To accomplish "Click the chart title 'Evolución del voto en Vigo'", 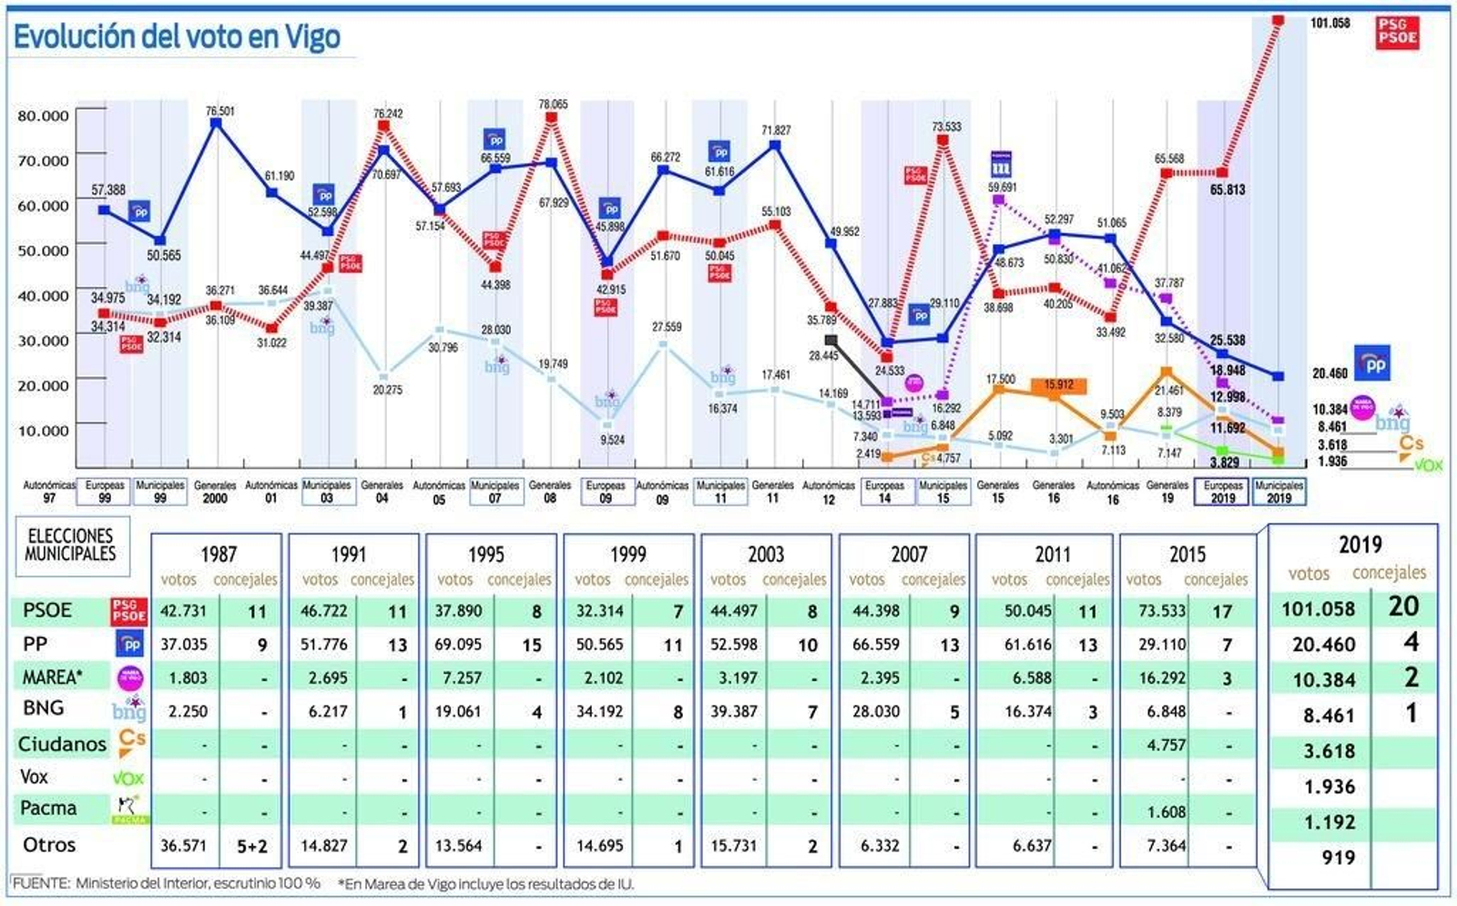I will coord(177,36).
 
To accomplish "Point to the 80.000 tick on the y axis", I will coord(43,116).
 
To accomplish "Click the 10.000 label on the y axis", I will coord(43,430).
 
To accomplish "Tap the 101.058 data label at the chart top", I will coord(1330,23).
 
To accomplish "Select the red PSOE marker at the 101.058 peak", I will coord(1279,19).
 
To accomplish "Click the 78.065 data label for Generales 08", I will coord(553,105).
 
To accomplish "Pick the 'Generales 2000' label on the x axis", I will coord(215,492).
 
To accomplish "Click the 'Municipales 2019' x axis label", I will coord(1279,492).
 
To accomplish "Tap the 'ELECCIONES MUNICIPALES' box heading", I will coord(70,545).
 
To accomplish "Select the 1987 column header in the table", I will coord(219,554).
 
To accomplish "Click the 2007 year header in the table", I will coord(909,554).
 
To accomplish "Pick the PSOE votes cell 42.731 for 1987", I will coord(183,611).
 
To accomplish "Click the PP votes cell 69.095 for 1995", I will coord(458,645).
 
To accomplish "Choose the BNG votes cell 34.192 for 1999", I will coord(599,711).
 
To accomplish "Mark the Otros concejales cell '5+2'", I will coord(252,846).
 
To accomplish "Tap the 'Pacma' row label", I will coord(48,809).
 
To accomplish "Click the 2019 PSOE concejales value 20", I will coord(1403,606).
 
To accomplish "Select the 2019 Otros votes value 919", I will coord(1338,858).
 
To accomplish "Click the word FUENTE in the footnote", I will coord(41,883).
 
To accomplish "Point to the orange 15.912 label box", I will coord(1059,385).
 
